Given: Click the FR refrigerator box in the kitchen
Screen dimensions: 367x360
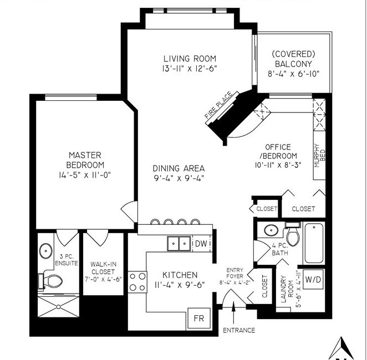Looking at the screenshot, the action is pos(199,318).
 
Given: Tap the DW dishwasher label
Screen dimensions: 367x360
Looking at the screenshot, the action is pos(201,244).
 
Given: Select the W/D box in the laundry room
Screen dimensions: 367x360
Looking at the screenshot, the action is pos(313,280).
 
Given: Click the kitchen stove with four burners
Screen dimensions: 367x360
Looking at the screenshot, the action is pos(137,282).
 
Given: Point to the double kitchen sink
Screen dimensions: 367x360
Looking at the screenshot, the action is pos(179,244).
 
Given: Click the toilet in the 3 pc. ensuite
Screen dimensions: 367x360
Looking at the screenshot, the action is pos(50,281).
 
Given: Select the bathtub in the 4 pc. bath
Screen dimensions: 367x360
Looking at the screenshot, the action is pos(314,243).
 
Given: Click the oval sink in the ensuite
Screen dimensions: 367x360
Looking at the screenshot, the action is pos(45,251).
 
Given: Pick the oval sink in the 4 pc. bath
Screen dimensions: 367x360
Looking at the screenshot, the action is pos(271,230).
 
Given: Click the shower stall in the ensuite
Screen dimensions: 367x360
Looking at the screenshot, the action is pos(59,307).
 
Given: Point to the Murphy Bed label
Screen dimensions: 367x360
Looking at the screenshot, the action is pos(320,156).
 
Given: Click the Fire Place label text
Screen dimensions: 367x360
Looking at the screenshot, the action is pos(218,105).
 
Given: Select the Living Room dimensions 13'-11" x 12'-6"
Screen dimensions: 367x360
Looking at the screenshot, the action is pos(190,69).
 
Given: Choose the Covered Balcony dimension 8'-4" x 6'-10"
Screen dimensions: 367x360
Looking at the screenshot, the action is pos(293,74).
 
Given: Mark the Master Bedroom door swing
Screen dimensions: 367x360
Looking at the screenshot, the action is pos(129,212).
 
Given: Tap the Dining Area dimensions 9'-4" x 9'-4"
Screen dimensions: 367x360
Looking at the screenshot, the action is pos(179,178).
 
